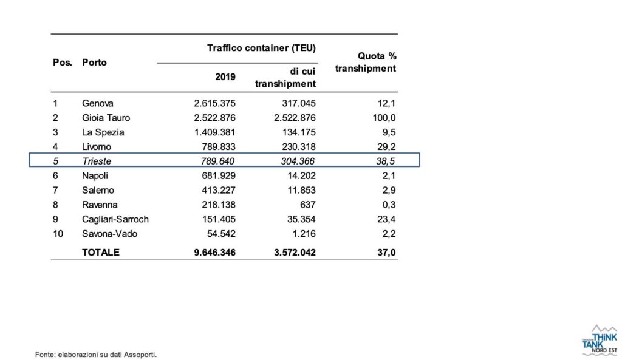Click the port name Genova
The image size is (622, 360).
pos(98,103)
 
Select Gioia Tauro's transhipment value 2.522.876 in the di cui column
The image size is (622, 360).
pos(295,118)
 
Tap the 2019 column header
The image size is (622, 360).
pos(225,77)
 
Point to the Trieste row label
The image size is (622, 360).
pos(97,161)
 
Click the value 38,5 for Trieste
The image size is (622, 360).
pos(386,161)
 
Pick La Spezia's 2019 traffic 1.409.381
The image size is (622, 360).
pos(214,132)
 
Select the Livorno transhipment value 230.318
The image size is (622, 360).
pos(299,147)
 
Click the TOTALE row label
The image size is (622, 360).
pos(101,253)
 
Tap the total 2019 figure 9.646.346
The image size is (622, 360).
pos(214,253)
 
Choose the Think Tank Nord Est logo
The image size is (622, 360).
pos(600,340)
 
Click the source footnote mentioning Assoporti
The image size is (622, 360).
pos(96,355)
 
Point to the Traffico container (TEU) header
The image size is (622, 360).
pos(261,49)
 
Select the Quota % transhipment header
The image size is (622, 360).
pos(365,63)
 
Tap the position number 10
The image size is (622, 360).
pos(58,234)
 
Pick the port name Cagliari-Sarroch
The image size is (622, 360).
pos(115,219)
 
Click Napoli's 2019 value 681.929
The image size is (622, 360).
pos(219,176)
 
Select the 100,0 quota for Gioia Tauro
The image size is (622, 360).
pos(384,118)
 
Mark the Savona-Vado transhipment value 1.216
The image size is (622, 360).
pos(304,234)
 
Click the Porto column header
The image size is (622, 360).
pos(94,63)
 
